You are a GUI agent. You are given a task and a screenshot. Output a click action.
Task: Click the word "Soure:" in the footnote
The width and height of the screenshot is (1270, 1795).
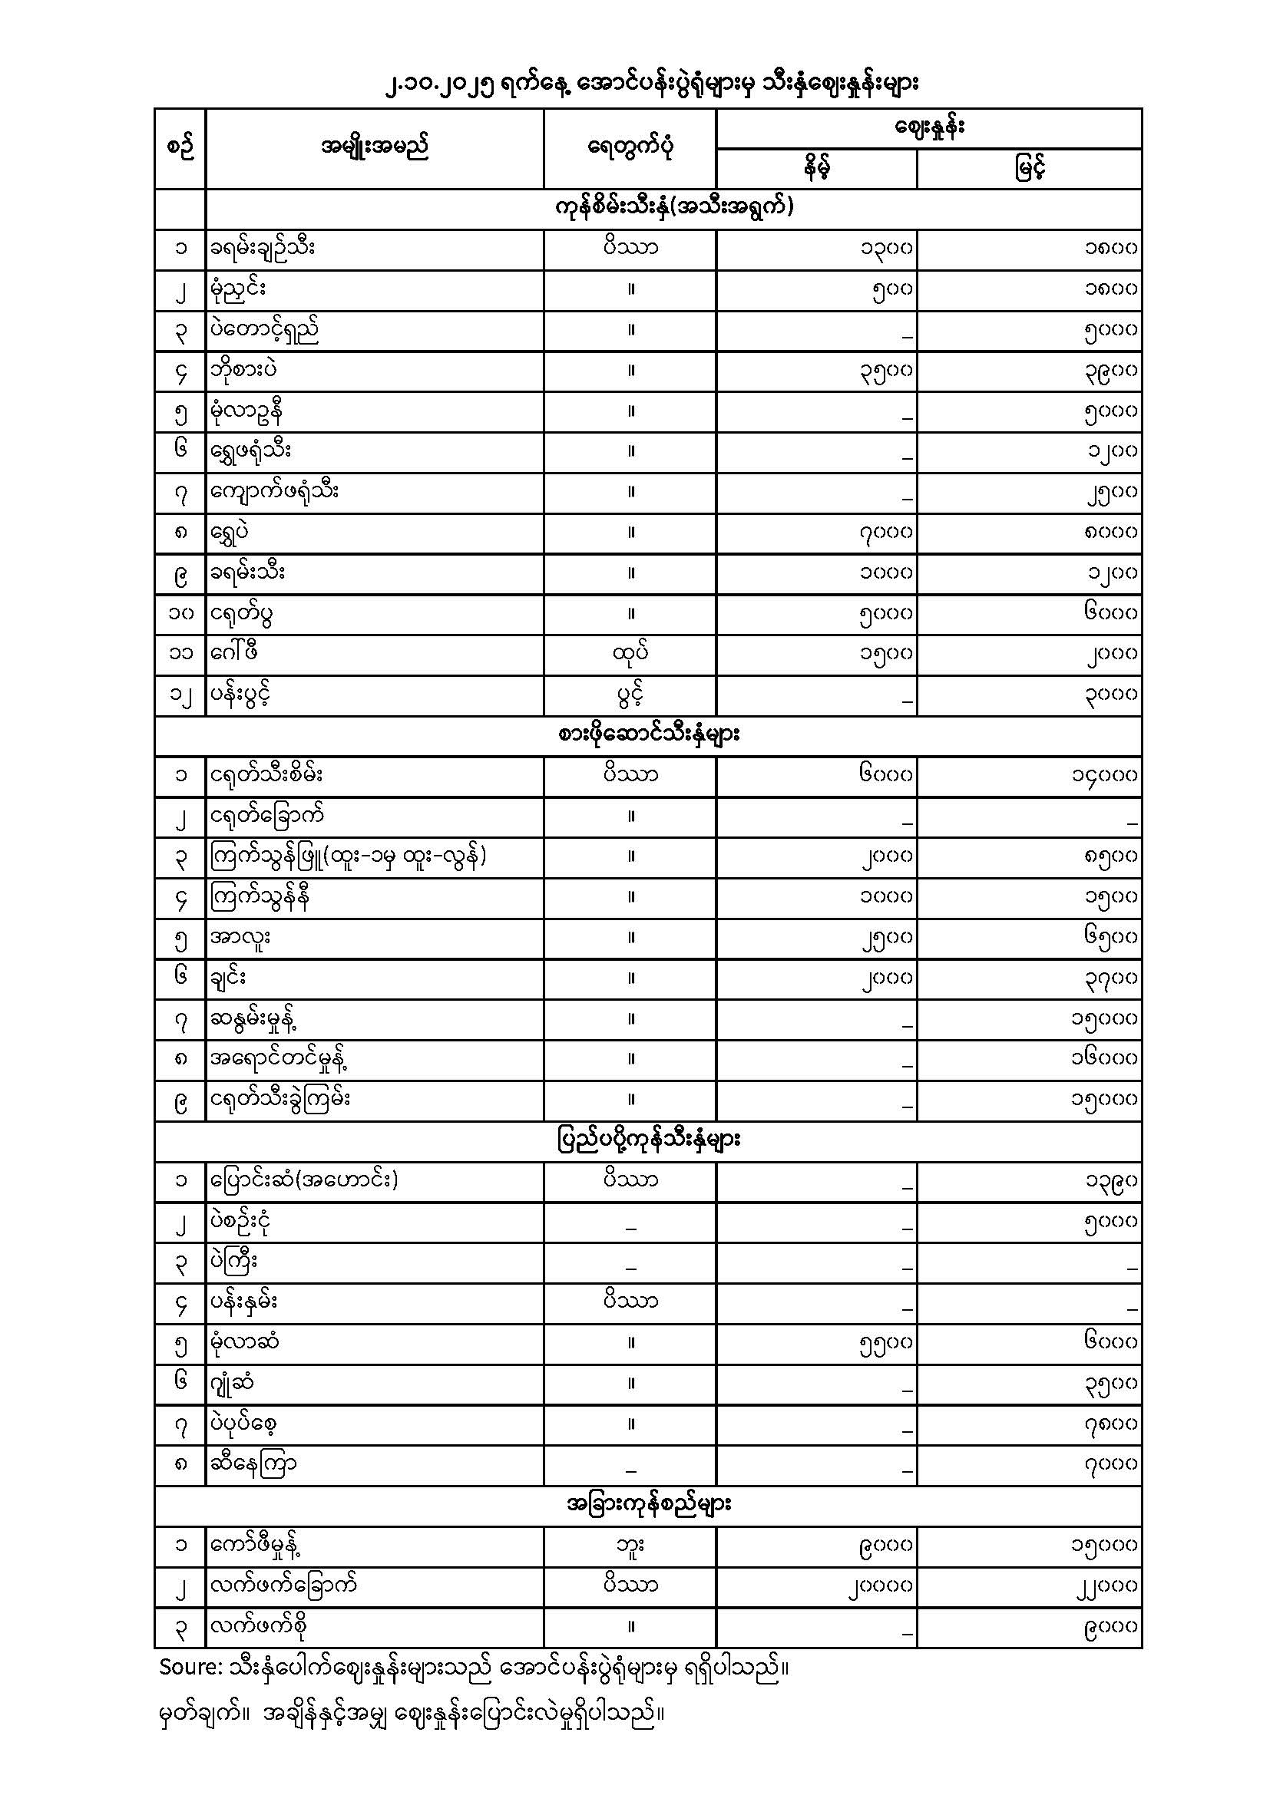pos(190,1667)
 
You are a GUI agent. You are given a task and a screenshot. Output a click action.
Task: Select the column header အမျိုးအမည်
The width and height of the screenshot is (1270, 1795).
pos(375,147)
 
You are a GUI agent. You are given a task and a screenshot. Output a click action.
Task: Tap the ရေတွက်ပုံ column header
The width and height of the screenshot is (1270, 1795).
pos(630,147)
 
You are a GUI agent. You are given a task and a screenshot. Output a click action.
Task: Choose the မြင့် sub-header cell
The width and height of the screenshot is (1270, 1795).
pos(1030,168)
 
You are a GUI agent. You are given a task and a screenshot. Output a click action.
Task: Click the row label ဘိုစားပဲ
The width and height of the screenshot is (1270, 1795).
pos(243,370)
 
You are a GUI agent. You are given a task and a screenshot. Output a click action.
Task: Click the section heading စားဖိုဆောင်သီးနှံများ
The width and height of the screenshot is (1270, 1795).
pos(649,735)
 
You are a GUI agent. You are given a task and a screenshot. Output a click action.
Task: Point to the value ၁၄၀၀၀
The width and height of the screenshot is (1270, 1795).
pos(1104,776)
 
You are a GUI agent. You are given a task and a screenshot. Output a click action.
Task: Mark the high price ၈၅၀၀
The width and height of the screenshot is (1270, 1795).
pos(1110,857)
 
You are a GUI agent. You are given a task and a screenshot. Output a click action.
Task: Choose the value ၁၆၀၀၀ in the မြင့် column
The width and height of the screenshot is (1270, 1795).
pos(1104,1058)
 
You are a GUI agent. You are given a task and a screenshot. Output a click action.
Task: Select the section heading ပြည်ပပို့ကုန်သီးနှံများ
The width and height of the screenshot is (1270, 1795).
pos(649,1140)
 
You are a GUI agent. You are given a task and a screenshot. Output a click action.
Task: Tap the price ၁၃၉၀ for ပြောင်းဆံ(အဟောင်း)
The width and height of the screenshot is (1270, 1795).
pos(1110,1180)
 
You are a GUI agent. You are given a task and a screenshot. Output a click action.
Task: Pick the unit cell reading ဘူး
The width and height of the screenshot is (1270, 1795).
pos(630,1545)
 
